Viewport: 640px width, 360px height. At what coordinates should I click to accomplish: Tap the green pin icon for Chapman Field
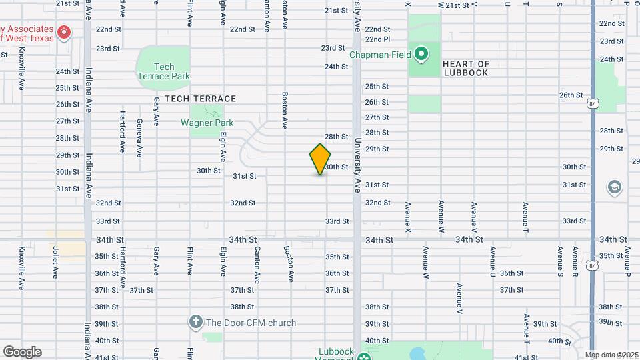tap(421, 53)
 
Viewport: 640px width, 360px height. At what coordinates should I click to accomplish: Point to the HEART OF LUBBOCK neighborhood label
tap(465, 68)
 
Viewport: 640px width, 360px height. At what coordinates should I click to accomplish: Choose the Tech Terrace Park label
tap(163, 71)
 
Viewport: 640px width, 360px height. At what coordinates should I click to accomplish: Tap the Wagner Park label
tap(207, 123)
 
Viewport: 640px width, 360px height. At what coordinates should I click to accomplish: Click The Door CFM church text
tap(251, 323)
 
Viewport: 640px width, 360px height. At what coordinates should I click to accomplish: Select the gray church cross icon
tap(196, 322)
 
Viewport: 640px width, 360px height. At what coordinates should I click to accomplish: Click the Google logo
tap(22, 352)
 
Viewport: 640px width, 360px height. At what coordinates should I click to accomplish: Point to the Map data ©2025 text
tap(611, 355)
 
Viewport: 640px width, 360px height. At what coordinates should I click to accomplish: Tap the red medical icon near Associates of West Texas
tap(64, 32)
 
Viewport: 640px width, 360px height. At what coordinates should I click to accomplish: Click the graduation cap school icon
tap(614, 188)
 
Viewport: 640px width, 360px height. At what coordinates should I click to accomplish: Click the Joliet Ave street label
tap(55, 262)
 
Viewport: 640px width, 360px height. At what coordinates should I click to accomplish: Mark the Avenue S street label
tap(561, 262)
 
